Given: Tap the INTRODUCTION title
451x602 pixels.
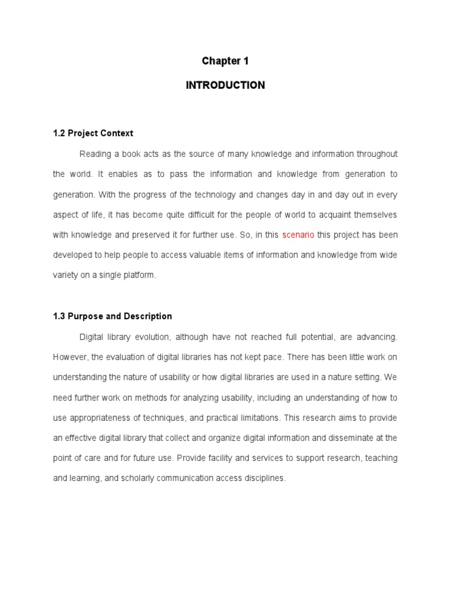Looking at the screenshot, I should pos(225,85).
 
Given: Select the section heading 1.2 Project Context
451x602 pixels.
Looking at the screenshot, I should pos(93,133).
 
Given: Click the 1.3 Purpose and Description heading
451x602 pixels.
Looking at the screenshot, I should pos(113,316).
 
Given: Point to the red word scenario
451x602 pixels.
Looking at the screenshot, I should pos(298,235).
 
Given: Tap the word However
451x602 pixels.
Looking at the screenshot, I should pos(69,357).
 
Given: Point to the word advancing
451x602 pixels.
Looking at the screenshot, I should pos(376,337).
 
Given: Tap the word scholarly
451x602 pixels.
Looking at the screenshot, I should pos(140,479).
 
